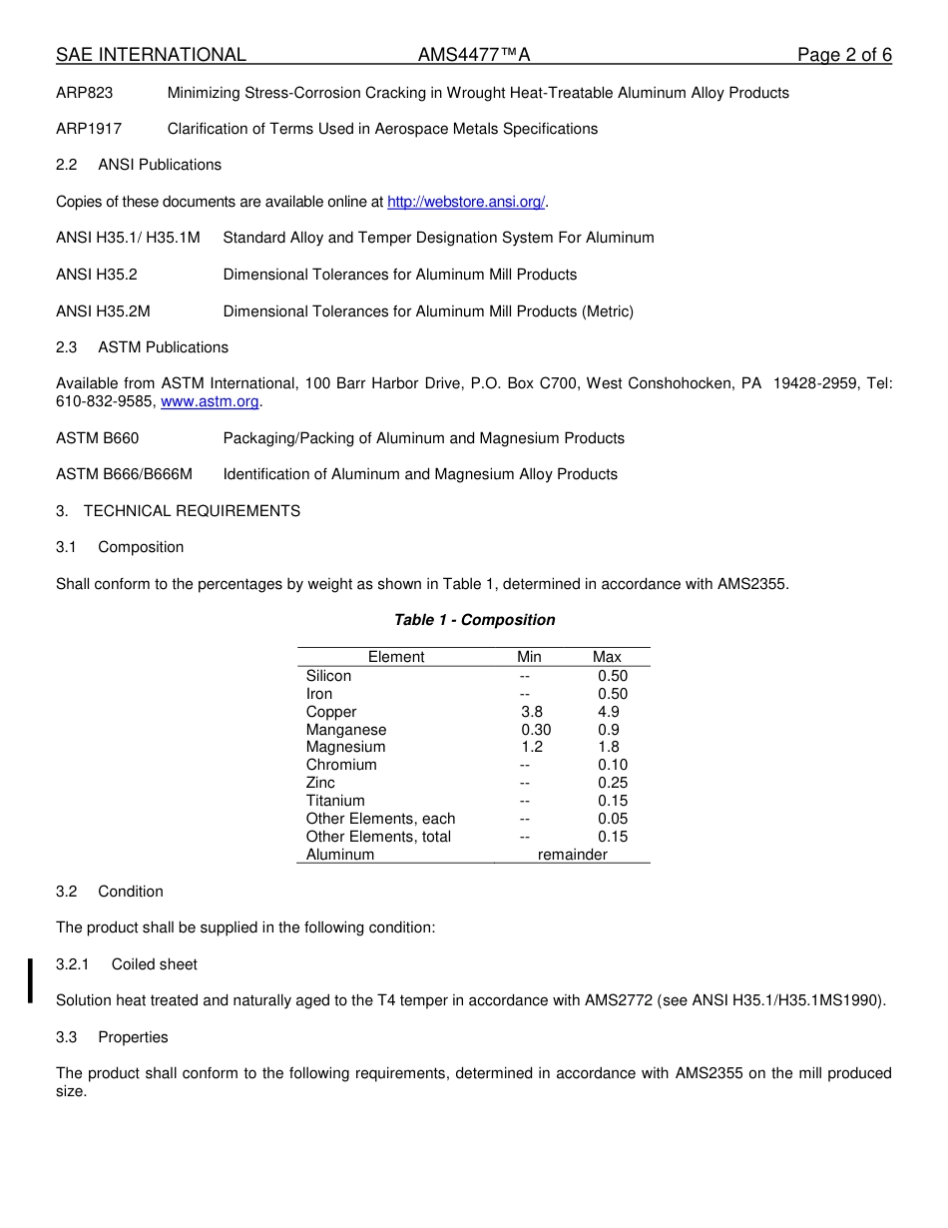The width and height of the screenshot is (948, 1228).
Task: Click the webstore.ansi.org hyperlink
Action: tap(465, 202)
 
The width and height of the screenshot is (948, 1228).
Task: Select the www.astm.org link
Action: tap(210, 401)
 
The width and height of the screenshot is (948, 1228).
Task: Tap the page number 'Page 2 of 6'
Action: tap(844, 55)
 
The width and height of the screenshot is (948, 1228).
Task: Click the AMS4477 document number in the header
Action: tap(474, 55)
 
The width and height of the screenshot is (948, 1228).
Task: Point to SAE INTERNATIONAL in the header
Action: tap(151, 55)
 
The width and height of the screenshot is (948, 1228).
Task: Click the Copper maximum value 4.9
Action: tap(609, 712)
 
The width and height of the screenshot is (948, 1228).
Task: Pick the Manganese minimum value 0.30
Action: tap(536, 730)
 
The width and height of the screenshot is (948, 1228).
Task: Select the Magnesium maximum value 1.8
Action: tap(609, 747)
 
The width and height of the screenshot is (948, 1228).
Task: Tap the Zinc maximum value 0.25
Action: tap(613, 783)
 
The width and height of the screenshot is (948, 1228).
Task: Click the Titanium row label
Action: tap(335, 801)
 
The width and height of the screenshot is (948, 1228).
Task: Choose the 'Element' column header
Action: tap(396, 657)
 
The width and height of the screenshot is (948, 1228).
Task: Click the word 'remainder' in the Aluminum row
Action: tap(573, 855)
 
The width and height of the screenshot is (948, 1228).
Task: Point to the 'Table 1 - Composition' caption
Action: tap(475, 620)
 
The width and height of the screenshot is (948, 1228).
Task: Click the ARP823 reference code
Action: tap(85, 93)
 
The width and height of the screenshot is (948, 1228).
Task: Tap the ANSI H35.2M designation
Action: tap(103, 311)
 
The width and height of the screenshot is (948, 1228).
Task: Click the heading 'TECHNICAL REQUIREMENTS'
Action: tap(192, 511)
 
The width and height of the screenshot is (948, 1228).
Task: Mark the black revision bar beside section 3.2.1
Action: tap(31, 979)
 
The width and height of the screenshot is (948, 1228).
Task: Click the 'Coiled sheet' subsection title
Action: tap(155, 964)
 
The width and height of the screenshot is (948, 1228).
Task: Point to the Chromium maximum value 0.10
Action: tap(613, 765)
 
